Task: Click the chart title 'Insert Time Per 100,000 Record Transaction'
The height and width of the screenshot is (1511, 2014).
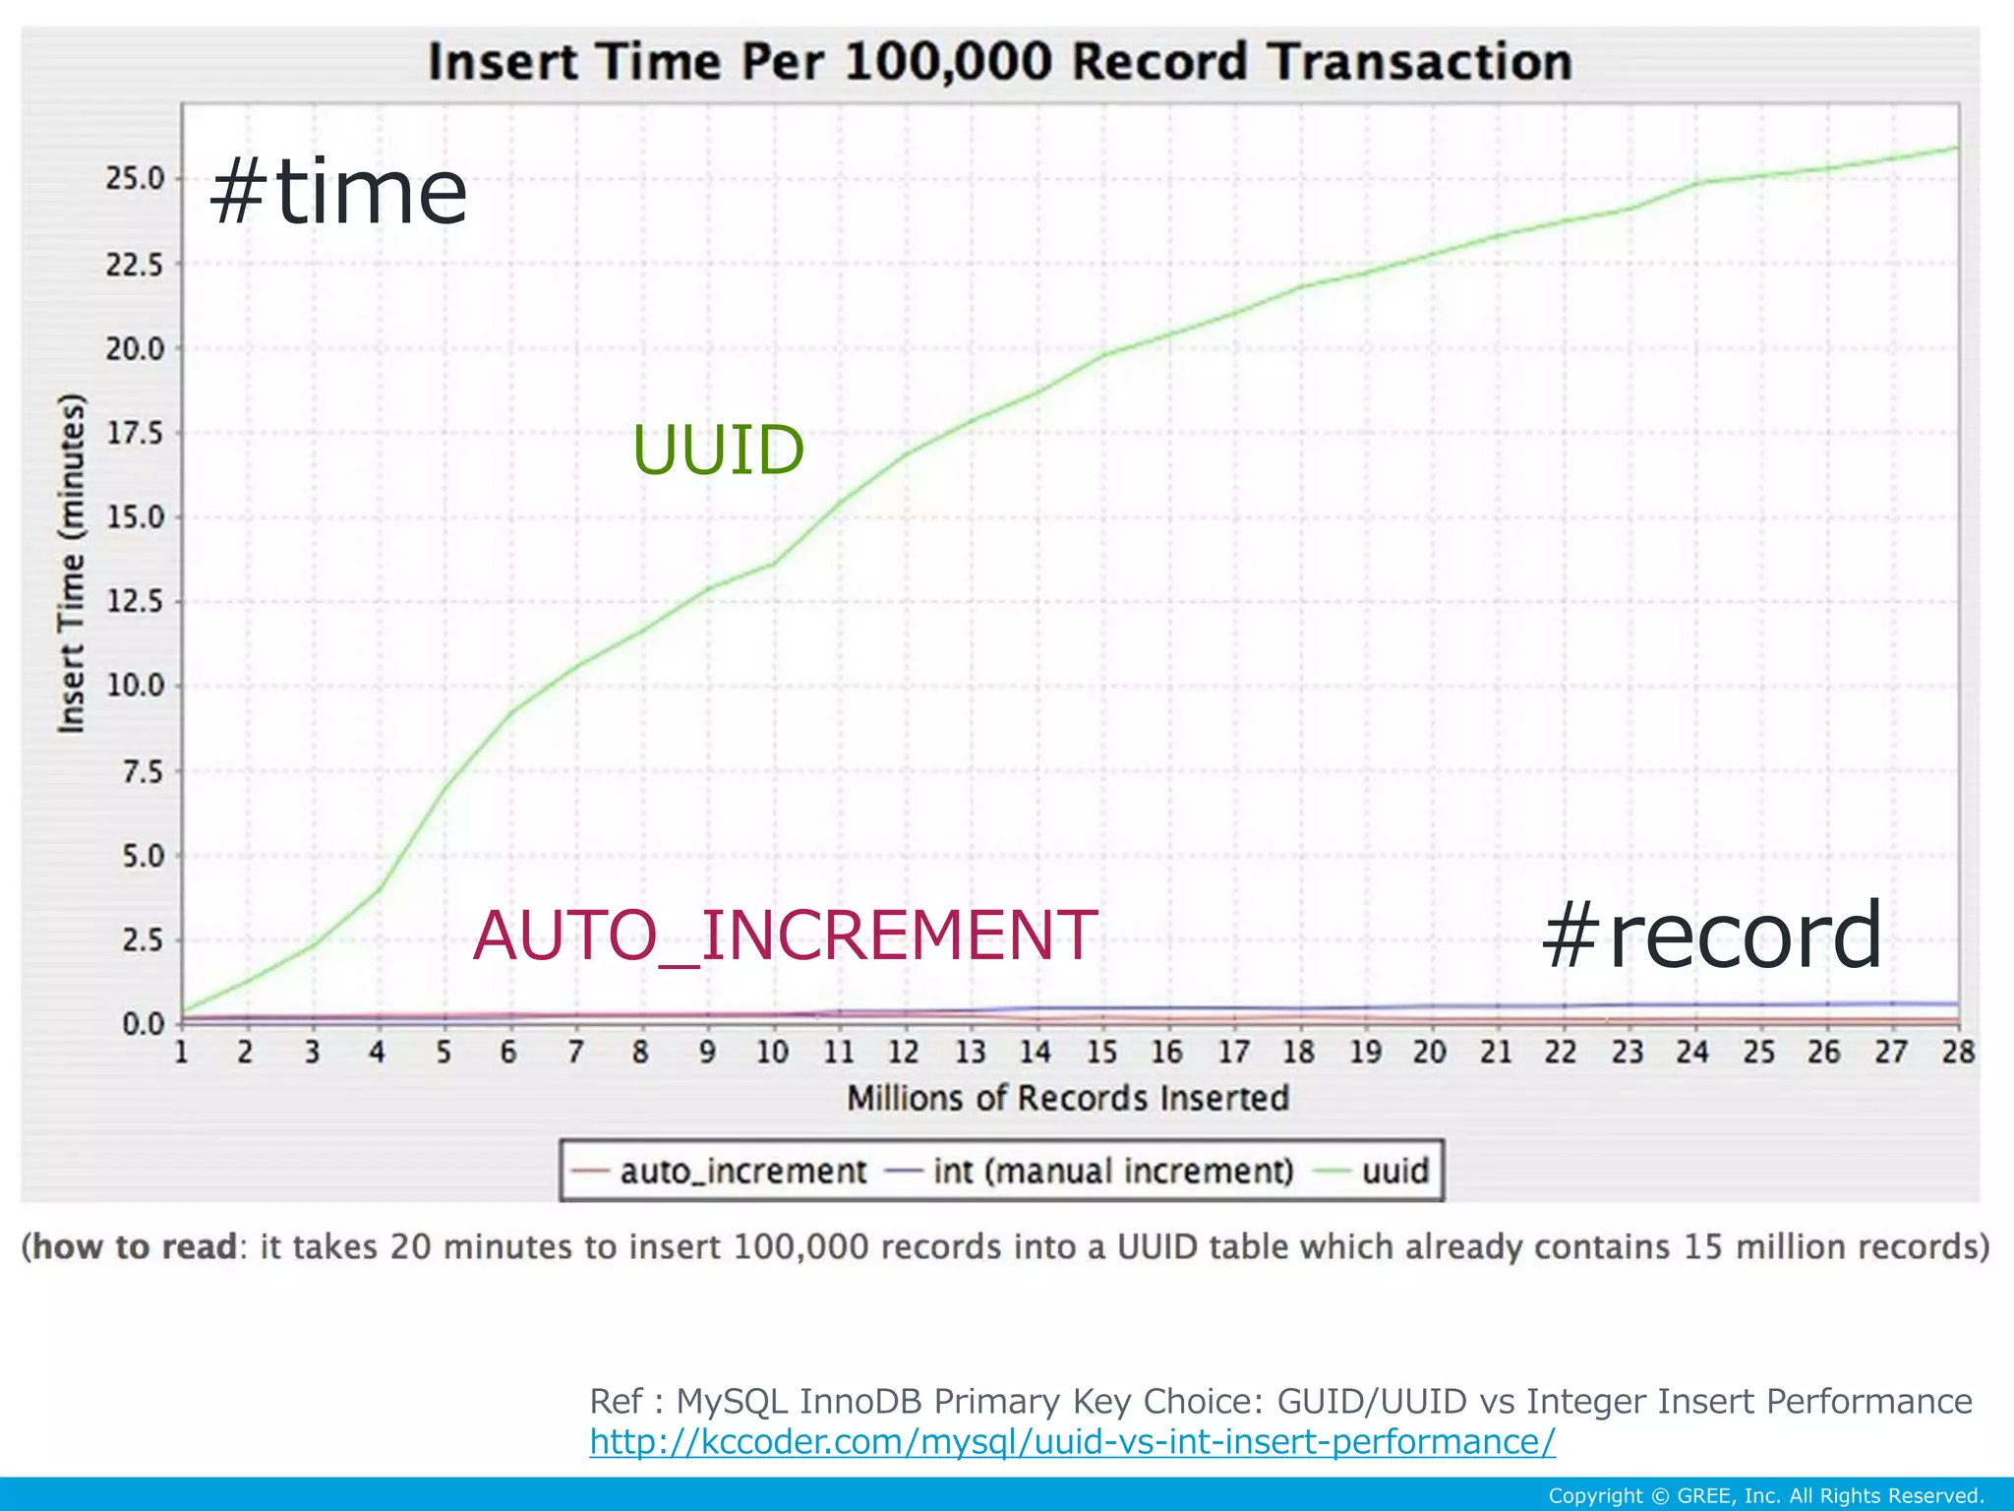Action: (x=1000, y=61)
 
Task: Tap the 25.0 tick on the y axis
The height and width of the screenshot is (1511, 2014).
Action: (x=136, y=179)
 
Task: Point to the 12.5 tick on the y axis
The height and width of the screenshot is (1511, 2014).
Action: (x=136, y=601)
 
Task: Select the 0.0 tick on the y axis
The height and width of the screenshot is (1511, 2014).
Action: (x=144, y=1024)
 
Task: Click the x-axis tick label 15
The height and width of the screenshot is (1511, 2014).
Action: (x=1101, y=1053)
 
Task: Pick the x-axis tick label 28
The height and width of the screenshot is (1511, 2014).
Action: (x=1957, y=1053)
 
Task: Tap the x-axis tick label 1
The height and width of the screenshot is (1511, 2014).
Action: (x=182, y=1053)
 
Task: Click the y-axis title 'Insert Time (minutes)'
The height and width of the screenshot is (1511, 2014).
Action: (x=72, y=563)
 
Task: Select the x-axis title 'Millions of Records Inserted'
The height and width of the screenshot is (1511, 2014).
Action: (x=1068, y=1098)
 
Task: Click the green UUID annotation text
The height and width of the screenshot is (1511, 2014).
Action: (x=718, y=451)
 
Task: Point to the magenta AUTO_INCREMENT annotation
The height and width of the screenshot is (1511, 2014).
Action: (x=785, y=935)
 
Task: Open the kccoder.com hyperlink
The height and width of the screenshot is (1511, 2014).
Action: (x=1072, y=1441)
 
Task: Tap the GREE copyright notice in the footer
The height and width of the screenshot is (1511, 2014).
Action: (x=1765, y=1496)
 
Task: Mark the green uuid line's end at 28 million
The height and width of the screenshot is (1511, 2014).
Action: (x=1957, y=148)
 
